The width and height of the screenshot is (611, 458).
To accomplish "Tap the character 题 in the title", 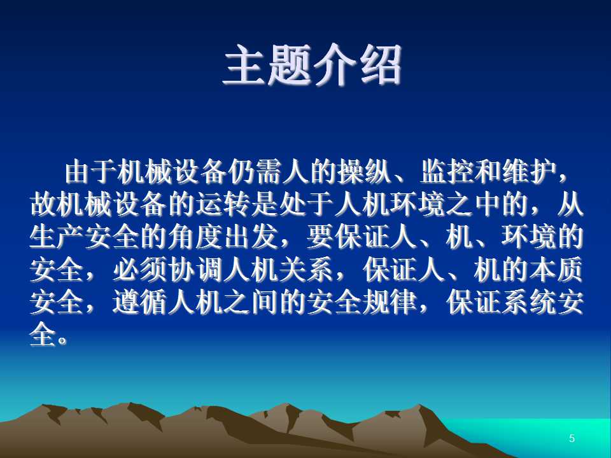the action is point(290,65).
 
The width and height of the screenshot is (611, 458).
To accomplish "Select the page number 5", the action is point(572,438).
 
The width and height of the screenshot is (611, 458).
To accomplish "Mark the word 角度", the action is point(195,237).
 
